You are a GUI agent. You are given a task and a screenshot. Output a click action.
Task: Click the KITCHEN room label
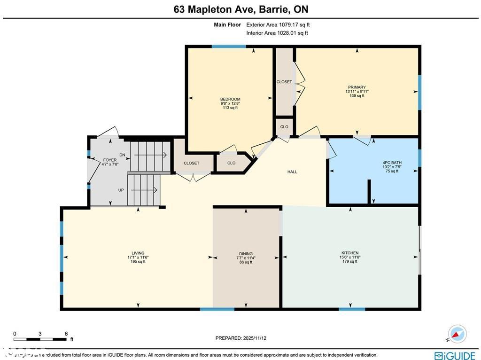350,253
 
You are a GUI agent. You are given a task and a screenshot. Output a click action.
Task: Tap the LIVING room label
138,253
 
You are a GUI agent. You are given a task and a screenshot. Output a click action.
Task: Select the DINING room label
246,253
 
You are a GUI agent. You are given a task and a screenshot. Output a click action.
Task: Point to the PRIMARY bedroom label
357,87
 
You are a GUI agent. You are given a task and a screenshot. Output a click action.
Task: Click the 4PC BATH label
392,163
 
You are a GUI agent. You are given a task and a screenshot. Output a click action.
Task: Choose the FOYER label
109,160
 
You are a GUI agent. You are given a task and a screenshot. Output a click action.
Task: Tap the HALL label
292,172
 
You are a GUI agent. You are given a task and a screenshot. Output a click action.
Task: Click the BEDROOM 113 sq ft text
230,108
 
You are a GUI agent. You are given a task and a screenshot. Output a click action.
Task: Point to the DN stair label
122,155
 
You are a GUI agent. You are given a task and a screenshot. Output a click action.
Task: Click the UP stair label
121,190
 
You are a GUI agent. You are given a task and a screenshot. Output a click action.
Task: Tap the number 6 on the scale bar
66,334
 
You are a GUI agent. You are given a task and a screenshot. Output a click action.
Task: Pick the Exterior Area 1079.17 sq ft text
278,25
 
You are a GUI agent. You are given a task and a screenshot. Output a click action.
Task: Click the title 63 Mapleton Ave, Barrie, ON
240,9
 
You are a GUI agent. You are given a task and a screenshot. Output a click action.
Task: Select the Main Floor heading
227,25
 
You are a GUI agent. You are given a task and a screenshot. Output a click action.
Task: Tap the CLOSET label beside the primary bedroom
284,82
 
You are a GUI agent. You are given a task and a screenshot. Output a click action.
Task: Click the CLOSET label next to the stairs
191,163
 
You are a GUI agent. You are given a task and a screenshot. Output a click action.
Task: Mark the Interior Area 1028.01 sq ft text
277,33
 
